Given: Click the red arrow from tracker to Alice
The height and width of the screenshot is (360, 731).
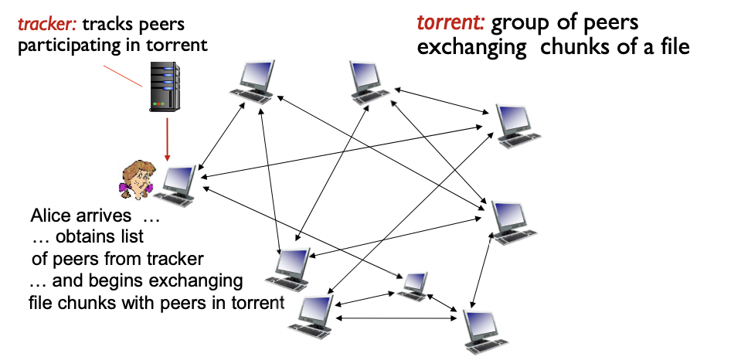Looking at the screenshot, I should [168, 139].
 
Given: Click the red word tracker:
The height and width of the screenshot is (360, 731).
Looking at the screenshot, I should [47, 25].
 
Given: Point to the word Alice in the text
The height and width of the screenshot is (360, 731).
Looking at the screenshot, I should [53, 215].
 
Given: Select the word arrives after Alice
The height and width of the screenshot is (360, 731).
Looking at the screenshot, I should [107, 215].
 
